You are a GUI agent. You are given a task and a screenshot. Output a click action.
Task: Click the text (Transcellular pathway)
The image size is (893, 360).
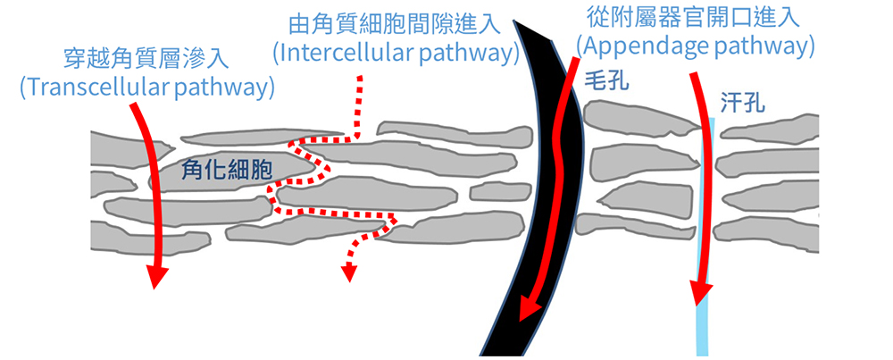coord(146,88)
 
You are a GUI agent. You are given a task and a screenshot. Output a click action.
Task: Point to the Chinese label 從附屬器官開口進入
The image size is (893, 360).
coord(695,17)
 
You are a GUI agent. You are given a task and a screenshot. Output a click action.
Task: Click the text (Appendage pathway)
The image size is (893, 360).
coord(696,45)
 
